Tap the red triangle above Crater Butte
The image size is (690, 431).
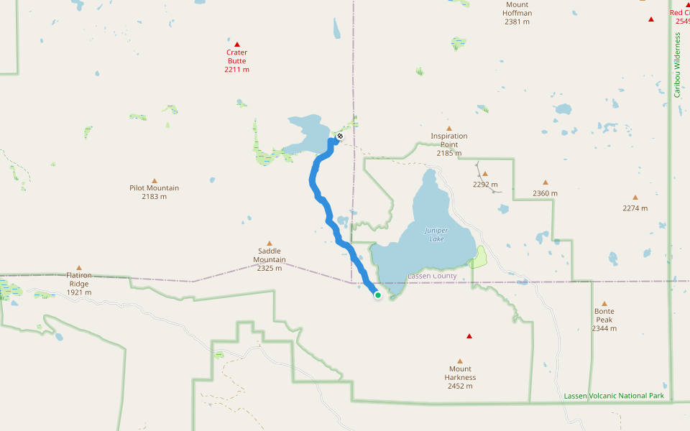tap(236, 45)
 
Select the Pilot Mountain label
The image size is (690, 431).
tap(154, 192)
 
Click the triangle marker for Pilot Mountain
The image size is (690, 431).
tap(154, 180)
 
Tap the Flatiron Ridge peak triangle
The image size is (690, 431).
tap(79, 267)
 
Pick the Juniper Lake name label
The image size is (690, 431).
tap(436, 234)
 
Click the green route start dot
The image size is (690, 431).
tap(377, 295)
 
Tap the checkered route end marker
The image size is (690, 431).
tap(340, 136)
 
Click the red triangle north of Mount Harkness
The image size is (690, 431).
tap(469, 336)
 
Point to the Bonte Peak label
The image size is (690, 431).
tap(604, 320)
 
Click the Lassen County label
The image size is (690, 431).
tap(432, 276)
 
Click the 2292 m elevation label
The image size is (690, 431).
tap(485, 184)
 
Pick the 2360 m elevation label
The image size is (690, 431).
tap(545, 193)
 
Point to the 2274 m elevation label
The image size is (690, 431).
tap(635, 208)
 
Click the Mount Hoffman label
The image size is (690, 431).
tap(517, 13)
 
